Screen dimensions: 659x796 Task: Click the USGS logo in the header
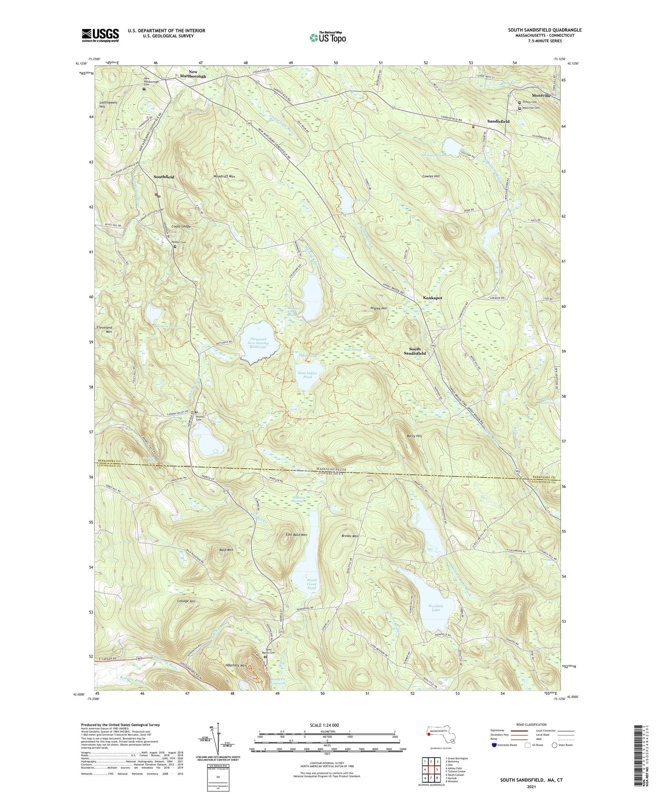coord(100,35)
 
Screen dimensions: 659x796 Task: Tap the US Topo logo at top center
coord(327,37)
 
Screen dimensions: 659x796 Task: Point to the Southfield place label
coord(164,177)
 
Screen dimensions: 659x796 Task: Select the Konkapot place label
coord(432,298)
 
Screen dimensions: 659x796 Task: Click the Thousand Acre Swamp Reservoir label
coord(258,343)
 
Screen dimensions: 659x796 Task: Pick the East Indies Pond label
coord(307,375)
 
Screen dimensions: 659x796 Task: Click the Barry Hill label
coord(414,436)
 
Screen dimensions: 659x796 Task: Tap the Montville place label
coord(541,96)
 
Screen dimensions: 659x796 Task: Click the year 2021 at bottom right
coord(531,786)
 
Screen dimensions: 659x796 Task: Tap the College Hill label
coord(186,601)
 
